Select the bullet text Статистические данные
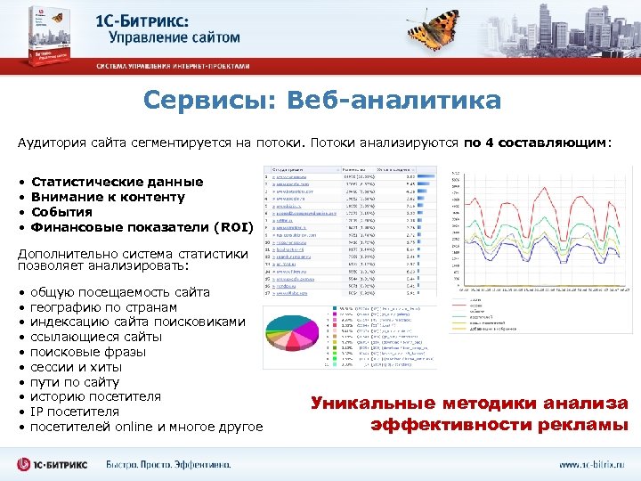104,182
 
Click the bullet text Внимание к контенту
108,197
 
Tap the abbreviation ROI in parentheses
234,227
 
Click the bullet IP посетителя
75,412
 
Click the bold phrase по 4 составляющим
537,143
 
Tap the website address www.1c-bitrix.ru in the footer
591,464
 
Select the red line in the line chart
534,223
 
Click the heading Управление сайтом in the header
174,37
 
